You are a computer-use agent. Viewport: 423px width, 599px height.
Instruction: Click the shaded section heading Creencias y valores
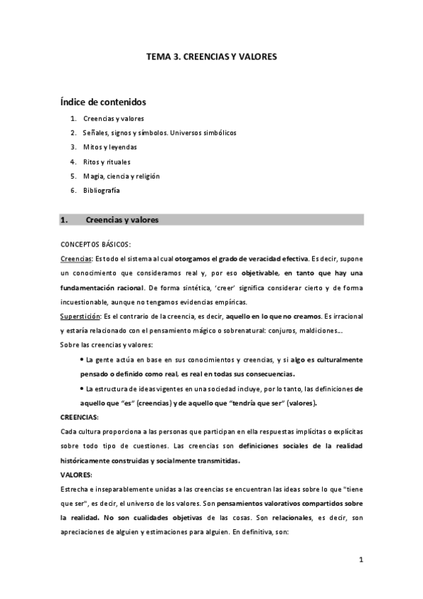click(x=121, y=220)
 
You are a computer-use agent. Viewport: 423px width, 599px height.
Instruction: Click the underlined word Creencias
click(x=76, y=259)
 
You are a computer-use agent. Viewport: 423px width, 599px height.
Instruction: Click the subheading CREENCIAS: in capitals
click(x=79, y=417)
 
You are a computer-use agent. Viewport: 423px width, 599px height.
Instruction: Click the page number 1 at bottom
click(x=360, y=560)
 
